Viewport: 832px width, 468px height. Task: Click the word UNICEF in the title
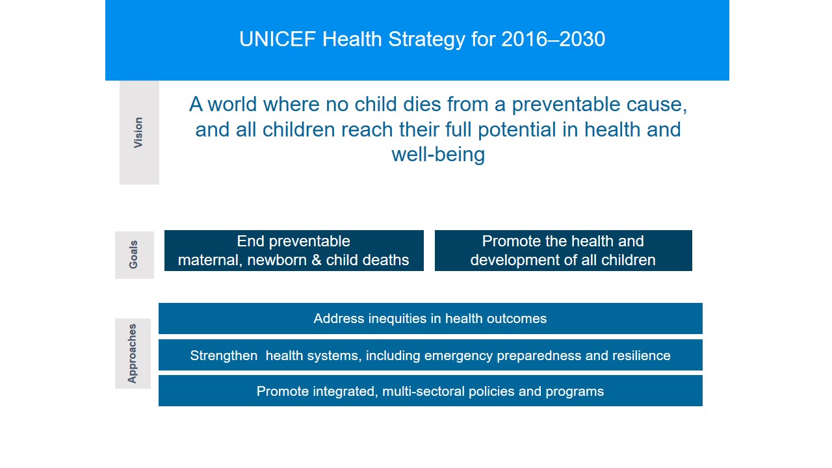(278, 40)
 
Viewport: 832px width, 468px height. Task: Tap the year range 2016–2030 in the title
(553, 40)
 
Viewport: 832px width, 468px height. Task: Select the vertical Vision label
(138, 133)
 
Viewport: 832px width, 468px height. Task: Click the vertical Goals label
(133, 254)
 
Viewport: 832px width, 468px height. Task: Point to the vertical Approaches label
(132, 353)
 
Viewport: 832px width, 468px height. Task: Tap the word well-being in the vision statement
(438, 155)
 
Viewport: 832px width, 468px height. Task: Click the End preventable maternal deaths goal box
(294, 251)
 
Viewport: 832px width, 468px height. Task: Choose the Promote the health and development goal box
(563, 251)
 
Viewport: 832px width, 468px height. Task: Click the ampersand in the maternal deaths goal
(317, 261)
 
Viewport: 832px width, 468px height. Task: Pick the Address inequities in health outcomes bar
(430, 318)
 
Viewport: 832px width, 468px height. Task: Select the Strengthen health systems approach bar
(430, 355)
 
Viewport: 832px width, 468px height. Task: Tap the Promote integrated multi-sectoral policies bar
(430, 391)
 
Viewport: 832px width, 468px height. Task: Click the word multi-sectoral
(423, 391)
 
